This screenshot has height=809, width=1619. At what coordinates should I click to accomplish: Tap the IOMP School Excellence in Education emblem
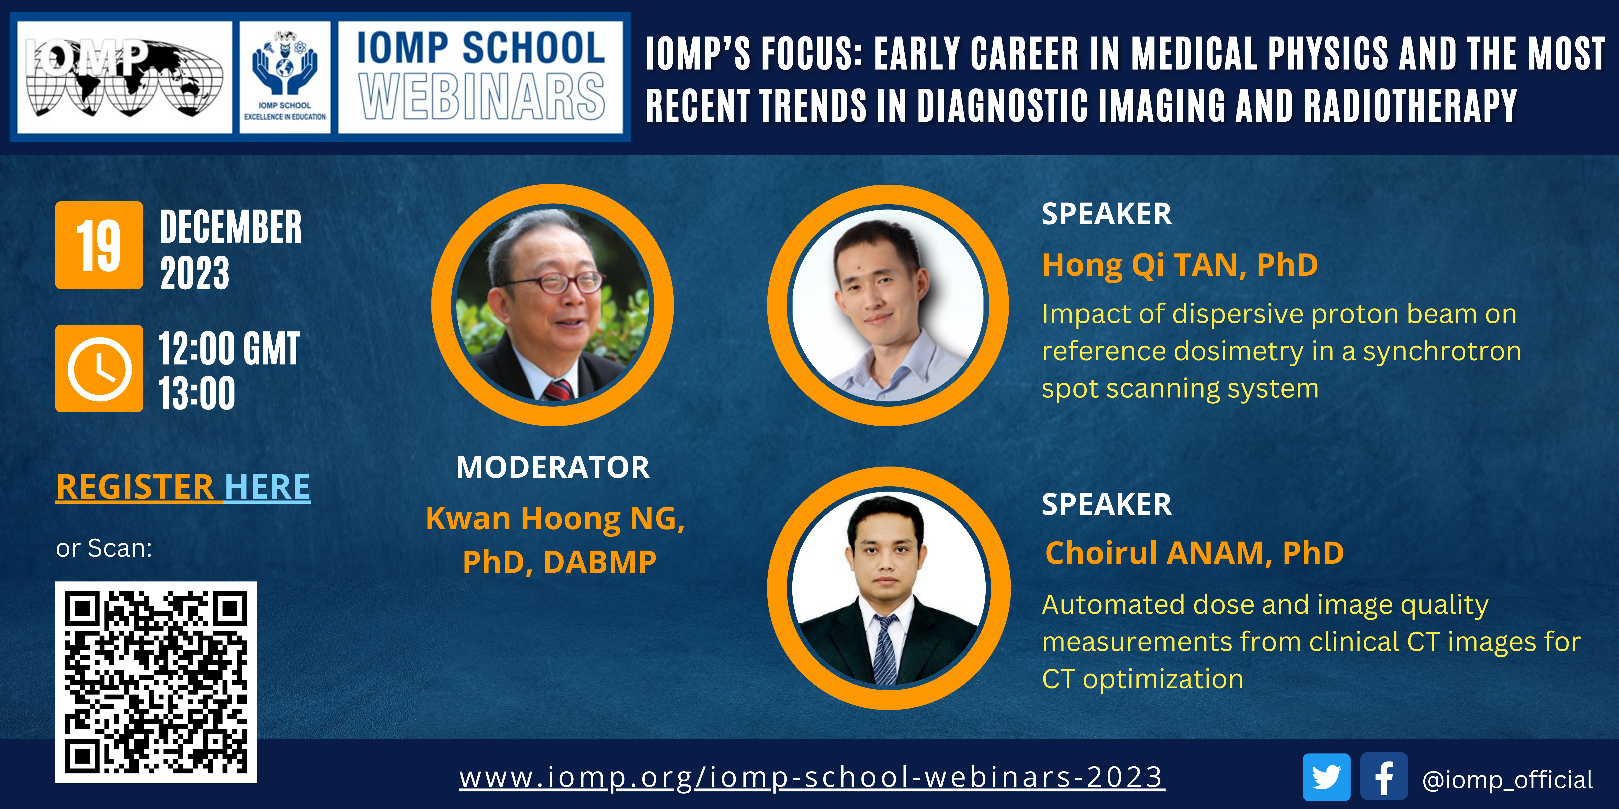[x=285, y=77]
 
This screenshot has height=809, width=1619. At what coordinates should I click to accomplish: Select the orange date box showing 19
[x=99, y=245]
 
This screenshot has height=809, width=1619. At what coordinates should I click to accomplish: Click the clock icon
[x=99, y=369]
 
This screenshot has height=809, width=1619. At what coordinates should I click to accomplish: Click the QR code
[x=156, y=682]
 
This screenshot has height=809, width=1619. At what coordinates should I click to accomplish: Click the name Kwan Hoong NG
[x=555, y=519]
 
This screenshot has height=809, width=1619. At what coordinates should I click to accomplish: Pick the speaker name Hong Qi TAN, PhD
[x=1180, y=266]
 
